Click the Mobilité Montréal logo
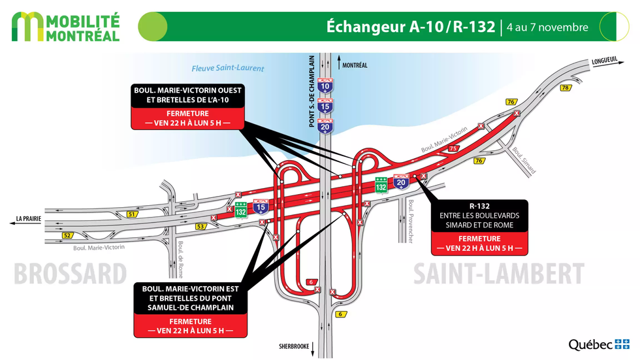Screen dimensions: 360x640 (x=66, y=27)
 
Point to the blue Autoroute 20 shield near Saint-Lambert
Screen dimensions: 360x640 (x=402, y=182)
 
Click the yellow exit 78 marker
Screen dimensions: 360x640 (x=566, y=88)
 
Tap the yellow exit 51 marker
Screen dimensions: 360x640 (x=133, y=214)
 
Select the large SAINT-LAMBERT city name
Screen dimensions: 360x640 (x=498, y=274)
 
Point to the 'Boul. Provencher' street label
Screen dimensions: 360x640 (x=410, y=221)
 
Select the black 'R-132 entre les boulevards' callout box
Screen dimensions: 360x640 (x=479, y=216)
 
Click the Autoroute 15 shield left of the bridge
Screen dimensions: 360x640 (x=261, y=208)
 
